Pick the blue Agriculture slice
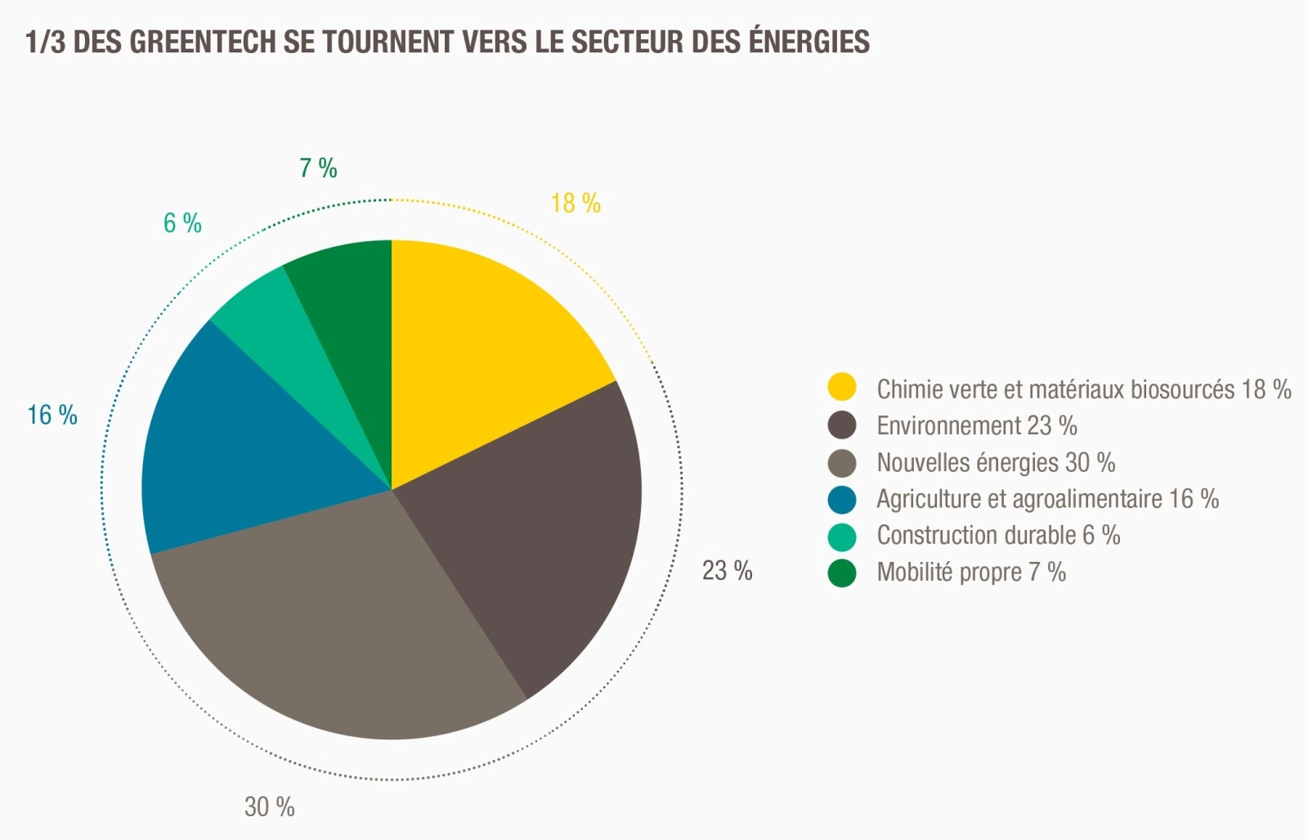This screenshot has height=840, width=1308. click(x=237, y=442)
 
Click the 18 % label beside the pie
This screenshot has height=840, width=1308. click(x=576, y=203)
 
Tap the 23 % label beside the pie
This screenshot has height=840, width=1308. click(x=727, y=570)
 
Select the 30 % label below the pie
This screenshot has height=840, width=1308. click(x=269, y=807)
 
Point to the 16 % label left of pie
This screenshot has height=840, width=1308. click(x=52, y=416)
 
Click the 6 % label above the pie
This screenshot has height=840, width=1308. click(x=182, y=222)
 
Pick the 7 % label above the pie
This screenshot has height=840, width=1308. click(x=318, y=168)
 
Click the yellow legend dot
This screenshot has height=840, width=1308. click(x=842, y=387)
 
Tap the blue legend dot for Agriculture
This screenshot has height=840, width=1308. click(x=842, y=499)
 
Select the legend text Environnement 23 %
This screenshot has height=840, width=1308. click(x=977, y=426)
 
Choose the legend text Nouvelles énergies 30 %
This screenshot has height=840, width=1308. click(x=996, y=463)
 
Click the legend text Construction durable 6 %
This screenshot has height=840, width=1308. click(x=998, y=536)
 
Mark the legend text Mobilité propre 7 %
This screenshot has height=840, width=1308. click(x=971, y=573)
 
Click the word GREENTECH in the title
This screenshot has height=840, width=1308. click(x=202, y=42)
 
